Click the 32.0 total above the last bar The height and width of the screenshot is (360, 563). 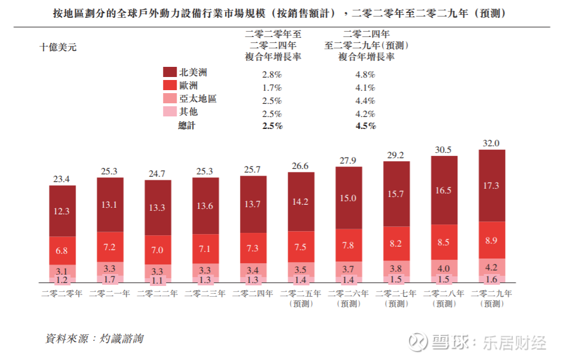click(x=492, y=143)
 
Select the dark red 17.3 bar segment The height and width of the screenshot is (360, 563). click(x=492, y=186)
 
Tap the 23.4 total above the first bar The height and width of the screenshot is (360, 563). click(x=62, y=179)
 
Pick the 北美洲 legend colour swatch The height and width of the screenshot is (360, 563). click(x=170, y=72)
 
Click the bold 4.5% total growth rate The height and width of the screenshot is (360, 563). click(x=365, y=126)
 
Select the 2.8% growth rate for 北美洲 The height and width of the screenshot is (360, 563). click(x=272, y=75)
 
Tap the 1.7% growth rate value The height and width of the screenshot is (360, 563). click(x=272, y=88)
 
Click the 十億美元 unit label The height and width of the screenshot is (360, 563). click(x=58, y=47)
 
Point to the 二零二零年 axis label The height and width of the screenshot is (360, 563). click(x=62, y=294)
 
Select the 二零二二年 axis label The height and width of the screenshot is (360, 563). click(x=158, y=294)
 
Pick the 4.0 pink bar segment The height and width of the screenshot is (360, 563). click(x=444, y=269)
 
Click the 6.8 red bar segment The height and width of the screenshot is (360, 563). click(x=62, y=250)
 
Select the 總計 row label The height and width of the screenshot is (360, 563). click(x=187, y=125)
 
